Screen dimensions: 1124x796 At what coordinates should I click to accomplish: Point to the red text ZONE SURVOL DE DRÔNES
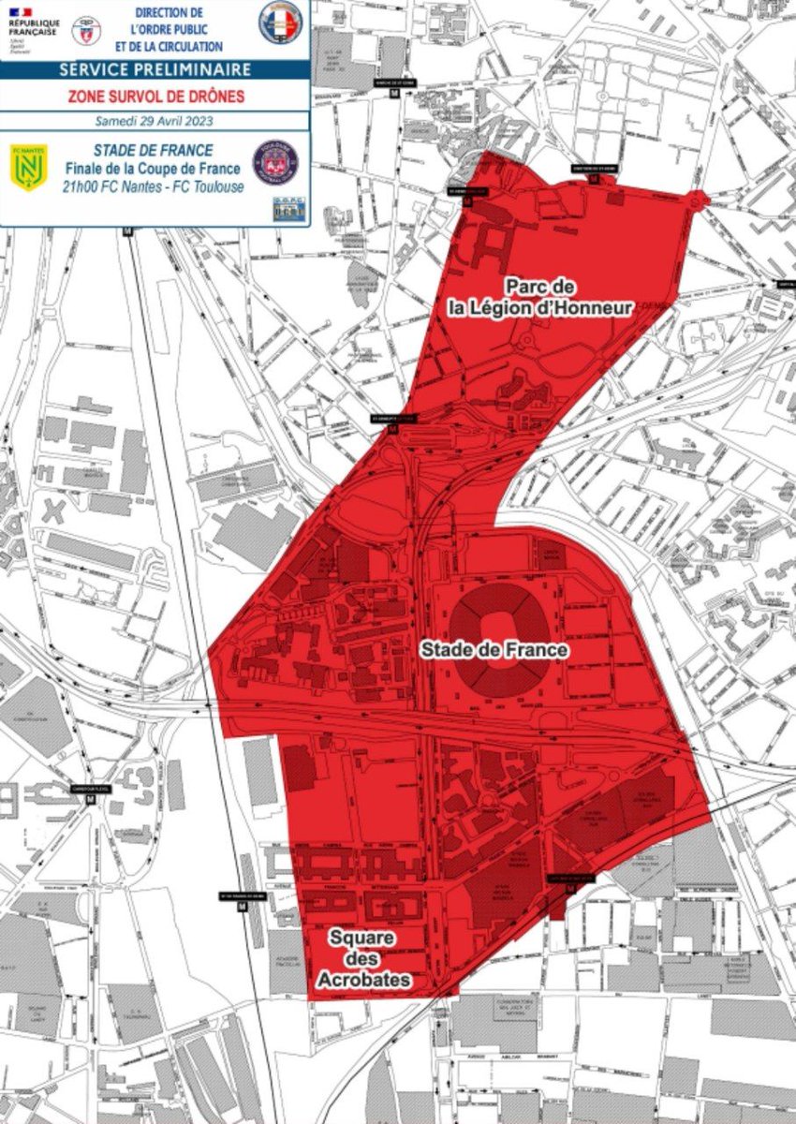(x=155, y=96)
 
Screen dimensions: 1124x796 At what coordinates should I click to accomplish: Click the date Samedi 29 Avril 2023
(x=155, y=121)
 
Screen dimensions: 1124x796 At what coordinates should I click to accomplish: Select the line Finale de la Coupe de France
(x=153, y=169)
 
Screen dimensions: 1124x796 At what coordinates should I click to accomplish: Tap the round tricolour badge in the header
(x=281, y=22)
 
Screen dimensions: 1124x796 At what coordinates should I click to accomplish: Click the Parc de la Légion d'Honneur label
(x=540, y=296)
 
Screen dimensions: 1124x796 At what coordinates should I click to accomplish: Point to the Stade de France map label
(x=494, y=648)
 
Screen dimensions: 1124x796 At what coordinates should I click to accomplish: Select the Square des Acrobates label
(x=360, y=958)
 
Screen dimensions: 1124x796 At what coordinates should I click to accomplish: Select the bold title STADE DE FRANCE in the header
(x=153, y=150)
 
